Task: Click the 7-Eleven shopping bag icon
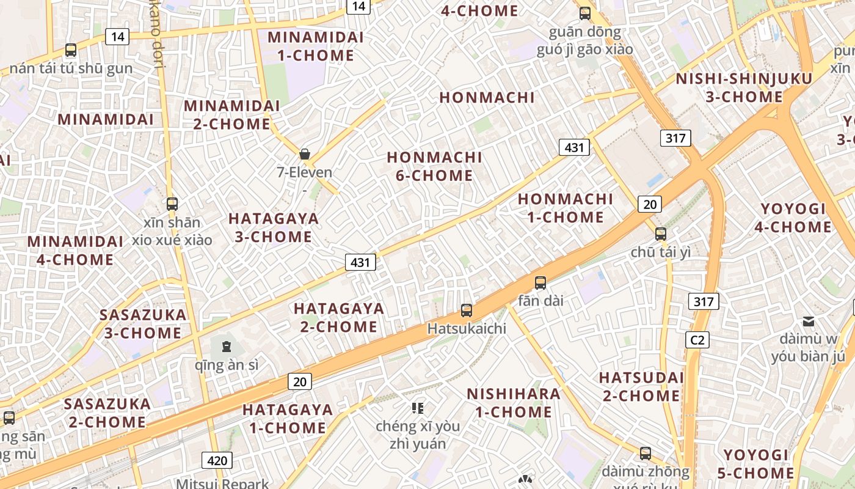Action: pyautogui.click(x=305, y=154)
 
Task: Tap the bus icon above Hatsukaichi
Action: pyautogui.click(x=467, y=311)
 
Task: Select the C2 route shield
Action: pyautogui.click(x=697, y=340)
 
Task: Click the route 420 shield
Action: pyautogui.click(x=217, y=461)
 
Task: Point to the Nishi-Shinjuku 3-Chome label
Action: pyautogui.click(x=744, y=88)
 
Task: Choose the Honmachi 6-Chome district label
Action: pyautogui.click(x=430, y=166)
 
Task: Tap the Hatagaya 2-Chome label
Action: pyautogui.click(x=339, y=317)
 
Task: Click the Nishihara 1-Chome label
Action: pyautogui.click(x=514, y=403)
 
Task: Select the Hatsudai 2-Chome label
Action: pyautogui.click(x=641, y=386)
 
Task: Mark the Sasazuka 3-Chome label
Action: pyautogui.click(x=143, y=324)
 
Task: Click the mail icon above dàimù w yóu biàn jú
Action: pyautogui.click(x=809, y=322)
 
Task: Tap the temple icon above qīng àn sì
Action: pyautogui.click(x=227, y=347)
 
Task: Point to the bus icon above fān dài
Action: pyautogui.click(x=540, y=283)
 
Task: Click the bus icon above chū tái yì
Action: pyautogui.click(x=660, y=233)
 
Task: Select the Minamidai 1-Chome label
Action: pyautogui.click(x=316, y=46)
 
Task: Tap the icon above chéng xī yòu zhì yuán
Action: pyautogui.click(x=418, y=408)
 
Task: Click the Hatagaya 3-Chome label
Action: pyautogui.click(x=274, y=227)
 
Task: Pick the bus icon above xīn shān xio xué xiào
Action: pyautogui.click(x=172, y=204)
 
